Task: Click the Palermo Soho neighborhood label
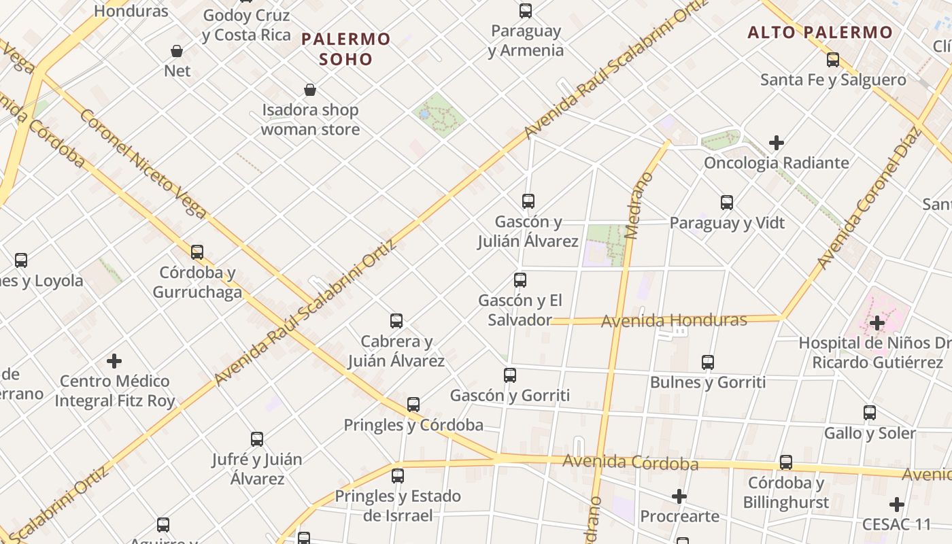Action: (x=346, y=49)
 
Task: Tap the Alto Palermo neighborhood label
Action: (x=820, y=32)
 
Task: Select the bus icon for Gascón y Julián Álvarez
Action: (x=528, y=201)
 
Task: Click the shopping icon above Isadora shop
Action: (x=310, y=90)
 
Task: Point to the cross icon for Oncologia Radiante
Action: (x=777, y=143)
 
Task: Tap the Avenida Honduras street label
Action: (x=674, y=320)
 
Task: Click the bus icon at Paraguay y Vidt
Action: (x=727, y=203)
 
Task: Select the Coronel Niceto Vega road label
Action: (x=143, y=163)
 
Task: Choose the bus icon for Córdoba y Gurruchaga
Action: (x=197, y=252)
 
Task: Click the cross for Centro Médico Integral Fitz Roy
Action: (x=114, y=360)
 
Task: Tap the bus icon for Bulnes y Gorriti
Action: (x=708, y=362)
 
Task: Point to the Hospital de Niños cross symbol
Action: (x=877, y=322)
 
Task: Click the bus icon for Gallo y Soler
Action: (x=870, y=413)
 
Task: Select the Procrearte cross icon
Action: (x=679, y=496)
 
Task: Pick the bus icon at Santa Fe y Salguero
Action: (x=833, y=60)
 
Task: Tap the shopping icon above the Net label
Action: (x=177, y=51)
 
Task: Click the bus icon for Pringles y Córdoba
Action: (x=413, y=405)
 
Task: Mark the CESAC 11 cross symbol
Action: (x=897, y=505)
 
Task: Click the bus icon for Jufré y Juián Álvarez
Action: (x=257, y=439)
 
